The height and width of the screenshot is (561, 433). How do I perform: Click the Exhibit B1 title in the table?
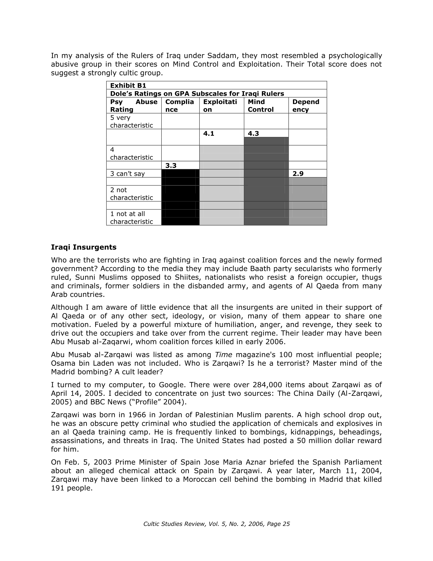(128, 86)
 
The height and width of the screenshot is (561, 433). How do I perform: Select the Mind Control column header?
(260, 106)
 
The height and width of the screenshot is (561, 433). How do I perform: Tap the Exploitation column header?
(220, 106)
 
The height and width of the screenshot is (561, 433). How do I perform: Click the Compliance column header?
(179, 106)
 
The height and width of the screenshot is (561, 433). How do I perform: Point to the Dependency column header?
(306, 106)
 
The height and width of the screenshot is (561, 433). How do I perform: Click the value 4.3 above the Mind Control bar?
(253, 134)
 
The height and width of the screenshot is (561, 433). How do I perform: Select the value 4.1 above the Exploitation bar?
(209, 134)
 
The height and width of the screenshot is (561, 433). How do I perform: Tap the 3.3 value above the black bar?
(171, 166)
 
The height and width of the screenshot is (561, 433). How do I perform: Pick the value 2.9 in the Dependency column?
(298, 174)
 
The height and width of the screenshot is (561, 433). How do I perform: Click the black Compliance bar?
(180, 197)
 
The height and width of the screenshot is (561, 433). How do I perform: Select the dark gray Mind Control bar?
(266, 181)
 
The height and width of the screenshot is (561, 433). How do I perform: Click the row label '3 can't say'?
(127, 174)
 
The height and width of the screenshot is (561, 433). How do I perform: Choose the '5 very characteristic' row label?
(131, 121)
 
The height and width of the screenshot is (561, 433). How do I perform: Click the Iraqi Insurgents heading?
(84, 247)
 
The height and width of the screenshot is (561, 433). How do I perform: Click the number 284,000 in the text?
(267, 385)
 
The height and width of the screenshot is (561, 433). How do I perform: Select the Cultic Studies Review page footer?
(216, 524)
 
